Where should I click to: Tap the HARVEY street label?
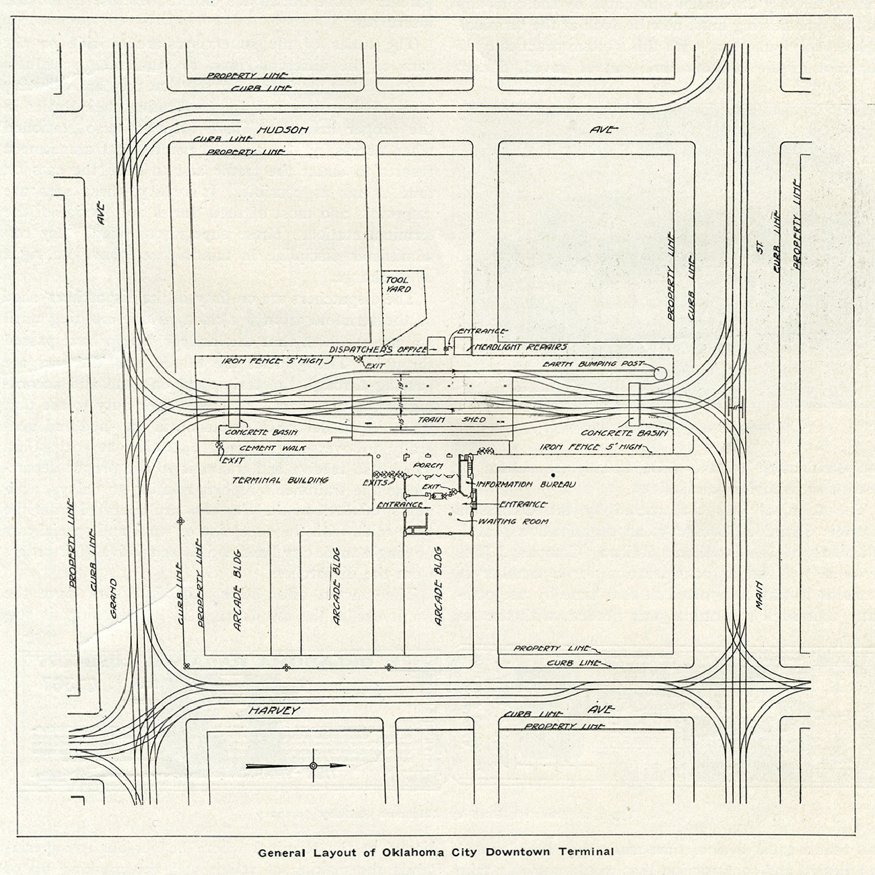[273, 711]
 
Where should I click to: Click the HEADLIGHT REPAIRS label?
[521, 347]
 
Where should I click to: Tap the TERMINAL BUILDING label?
[279, 480]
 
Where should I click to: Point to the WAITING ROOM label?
[513, 520]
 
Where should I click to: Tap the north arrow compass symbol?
[312, 765]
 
